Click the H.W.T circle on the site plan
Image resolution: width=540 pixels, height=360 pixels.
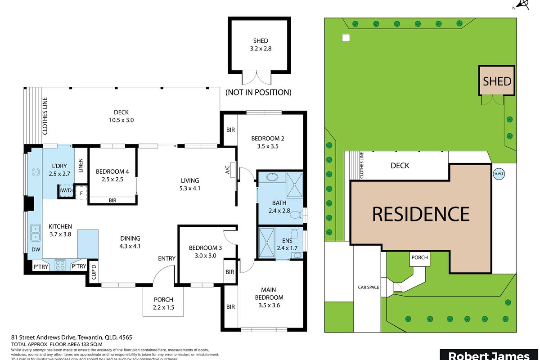coord(499,174)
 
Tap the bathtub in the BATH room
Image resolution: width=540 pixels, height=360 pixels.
coord(271,177)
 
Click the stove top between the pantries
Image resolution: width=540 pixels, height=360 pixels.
coord(60,265)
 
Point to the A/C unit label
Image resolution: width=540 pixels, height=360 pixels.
coord(228,169)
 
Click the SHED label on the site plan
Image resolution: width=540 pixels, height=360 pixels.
coord(497,81)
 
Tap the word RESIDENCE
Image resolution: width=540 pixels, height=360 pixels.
coord(420,214)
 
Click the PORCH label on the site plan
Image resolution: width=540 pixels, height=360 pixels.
coord(419,257)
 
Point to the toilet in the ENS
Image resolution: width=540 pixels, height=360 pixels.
coord(294,234)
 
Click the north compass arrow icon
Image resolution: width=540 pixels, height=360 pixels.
coord(522,5)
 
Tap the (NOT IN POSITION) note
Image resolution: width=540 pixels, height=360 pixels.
coord(258,93)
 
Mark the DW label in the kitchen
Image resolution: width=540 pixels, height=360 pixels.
coord(35,250)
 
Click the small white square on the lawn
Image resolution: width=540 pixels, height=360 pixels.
coord(346,38)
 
